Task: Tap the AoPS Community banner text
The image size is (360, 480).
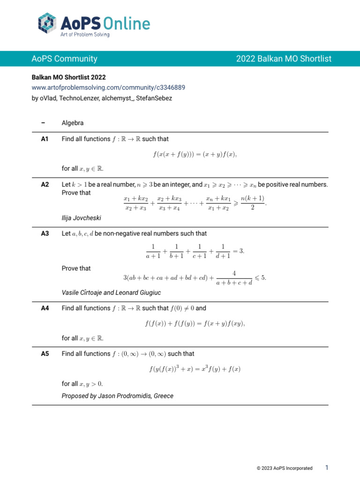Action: point(64,59)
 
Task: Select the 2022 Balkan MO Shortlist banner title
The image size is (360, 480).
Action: point(284,59)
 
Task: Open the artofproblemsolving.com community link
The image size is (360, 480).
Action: point(108,87)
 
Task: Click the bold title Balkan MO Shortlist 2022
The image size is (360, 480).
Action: point(68,77)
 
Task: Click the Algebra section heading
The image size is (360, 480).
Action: point(73,123)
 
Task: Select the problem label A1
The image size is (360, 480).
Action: point(45,139)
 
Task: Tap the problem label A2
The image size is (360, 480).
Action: point(45,185)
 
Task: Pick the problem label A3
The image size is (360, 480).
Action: point(45,233)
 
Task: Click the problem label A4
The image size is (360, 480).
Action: point(45,308)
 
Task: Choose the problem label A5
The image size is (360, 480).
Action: point(45,354)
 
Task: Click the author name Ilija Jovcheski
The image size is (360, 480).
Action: point(81,218)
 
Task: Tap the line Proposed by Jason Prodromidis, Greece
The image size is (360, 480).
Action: point(117,396)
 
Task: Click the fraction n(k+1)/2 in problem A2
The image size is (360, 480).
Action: point(252,203)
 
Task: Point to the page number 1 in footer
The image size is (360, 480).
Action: point(327,467)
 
